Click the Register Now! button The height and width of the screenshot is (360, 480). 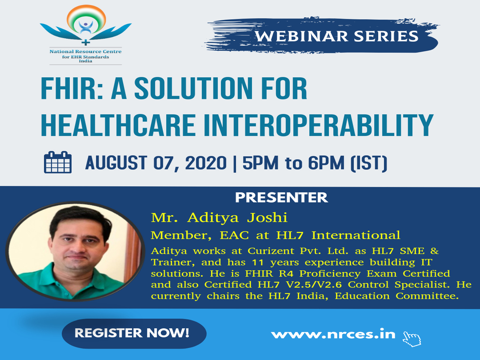coord(134,333)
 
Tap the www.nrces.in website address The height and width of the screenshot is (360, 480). coord(333,334)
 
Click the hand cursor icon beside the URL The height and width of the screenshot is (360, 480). coord(412,339)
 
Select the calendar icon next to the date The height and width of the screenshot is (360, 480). coord(58,162)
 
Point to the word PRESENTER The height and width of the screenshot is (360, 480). coord(281,198)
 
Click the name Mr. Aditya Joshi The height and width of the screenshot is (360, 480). coord(219,218)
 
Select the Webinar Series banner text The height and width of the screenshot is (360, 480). coord(337,36)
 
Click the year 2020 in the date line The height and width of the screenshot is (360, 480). coord(206,162)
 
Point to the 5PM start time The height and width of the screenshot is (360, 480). coord(260,163)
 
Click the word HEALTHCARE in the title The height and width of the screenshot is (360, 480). coord(118,125)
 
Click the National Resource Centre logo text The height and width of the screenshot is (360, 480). coord(86,56)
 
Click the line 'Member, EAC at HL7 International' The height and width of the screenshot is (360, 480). coord(275,235)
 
